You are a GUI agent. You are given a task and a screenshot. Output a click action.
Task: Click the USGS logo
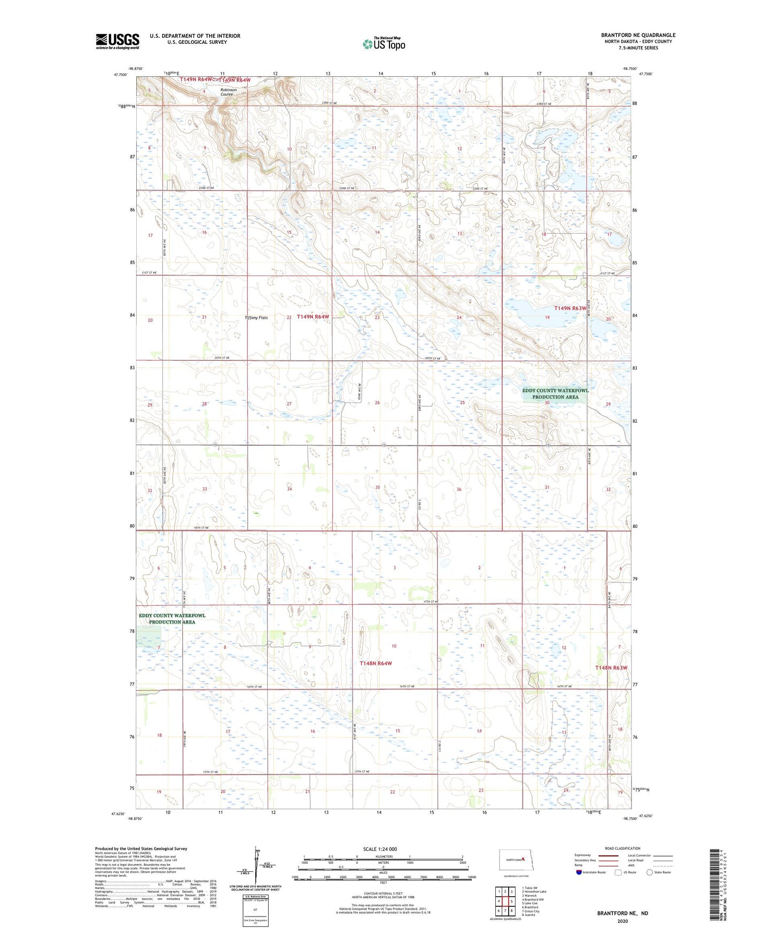pos(118,41)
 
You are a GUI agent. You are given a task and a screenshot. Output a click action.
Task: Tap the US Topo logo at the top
pos(384,44)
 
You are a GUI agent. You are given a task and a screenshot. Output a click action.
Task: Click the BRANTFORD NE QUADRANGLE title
pos(638,35)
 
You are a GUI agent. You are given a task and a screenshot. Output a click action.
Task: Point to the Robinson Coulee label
pos(228,92)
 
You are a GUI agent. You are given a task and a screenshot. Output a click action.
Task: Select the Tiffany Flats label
pos(256,318)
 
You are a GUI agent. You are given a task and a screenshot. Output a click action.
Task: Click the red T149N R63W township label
pos(570,309)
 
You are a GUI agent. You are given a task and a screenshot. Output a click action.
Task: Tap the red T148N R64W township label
pos(376,664)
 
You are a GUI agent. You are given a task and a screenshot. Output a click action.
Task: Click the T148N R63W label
pos(611,668)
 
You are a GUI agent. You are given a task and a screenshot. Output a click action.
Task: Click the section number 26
pos(377,402)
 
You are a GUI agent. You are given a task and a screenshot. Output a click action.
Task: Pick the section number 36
pos(459,489)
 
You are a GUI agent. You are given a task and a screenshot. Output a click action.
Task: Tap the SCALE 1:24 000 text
pos(380,849)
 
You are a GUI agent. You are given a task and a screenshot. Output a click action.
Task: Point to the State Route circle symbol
pos(650,872)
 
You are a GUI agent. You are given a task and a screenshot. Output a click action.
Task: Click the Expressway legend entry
pos(583,855)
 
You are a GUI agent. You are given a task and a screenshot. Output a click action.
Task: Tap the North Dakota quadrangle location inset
pos(516,859)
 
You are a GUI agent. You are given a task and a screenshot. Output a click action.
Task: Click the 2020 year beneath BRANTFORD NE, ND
pos(622,921)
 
